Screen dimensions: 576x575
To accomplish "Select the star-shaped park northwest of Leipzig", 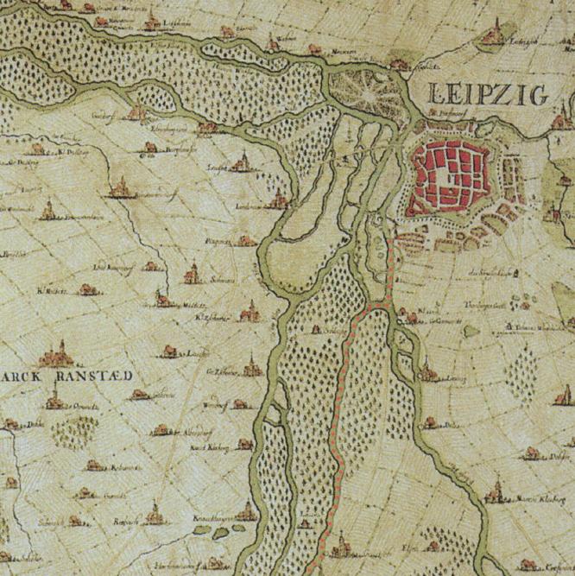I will point(358,89).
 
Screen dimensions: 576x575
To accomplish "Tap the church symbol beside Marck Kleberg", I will point(497,493).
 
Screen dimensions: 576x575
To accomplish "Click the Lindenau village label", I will point(249,206).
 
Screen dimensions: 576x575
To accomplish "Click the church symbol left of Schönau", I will point(192,275).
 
